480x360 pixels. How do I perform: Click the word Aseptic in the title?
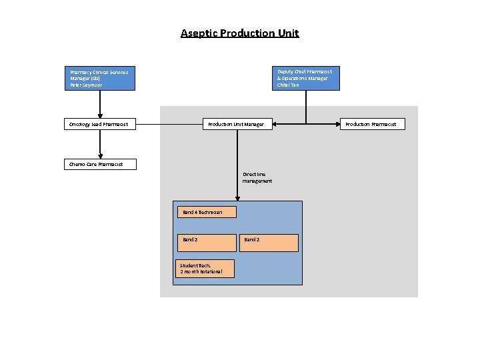pos(199,33)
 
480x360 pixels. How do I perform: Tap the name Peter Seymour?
pos(87,85)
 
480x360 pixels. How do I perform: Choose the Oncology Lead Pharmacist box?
pos(100,124)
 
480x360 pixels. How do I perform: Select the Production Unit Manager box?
pos(237,124)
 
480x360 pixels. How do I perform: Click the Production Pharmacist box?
pos(372,124)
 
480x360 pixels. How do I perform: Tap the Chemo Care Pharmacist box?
pos(100,164)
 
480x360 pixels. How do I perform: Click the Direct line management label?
pos(257,177)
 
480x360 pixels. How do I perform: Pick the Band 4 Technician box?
pos(207,212)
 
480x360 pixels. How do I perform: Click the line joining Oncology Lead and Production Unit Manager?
pos(170,124)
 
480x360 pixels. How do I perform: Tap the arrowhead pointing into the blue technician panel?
pos(237,197)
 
